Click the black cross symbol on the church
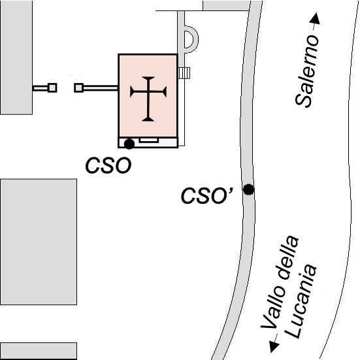click(x=148, y=99)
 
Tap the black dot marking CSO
click(x=129, y=144)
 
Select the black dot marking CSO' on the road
click(x=248, y=189)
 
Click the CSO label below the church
click(x=108, y=165)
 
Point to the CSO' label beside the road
click(x=207, y=195)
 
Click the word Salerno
click(x=307, y=71)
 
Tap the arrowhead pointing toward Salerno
click(x=315, y=18)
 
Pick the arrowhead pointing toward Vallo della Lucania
click(x=274, y=346)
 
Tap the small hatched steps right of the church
click(x=184, y=73)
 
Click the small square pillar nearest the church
click(x=79, y=88)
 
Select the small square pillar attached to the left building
click(x=52, y=88)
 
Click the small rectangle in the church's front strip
click(x=149, y=140)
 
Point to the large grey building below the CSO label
click(x=39, y=242)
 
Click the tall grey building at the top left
click(x=16, y=57)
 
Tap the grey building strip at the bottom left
click(x=39, y=351)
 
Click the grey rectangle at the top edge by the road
click(x=226, y=5)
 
